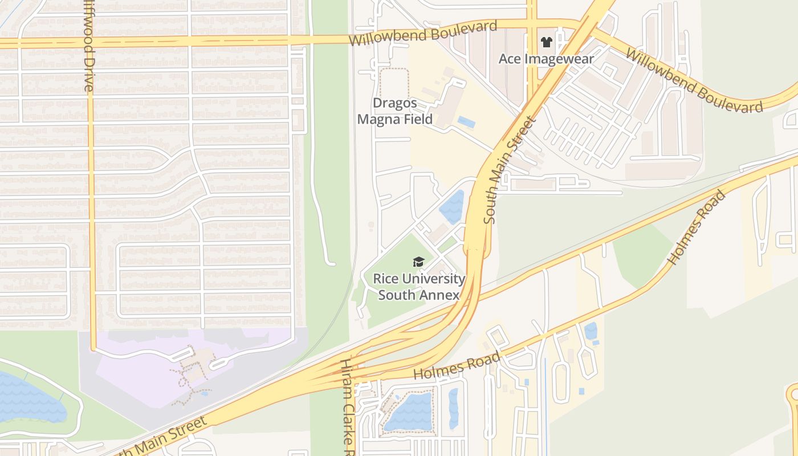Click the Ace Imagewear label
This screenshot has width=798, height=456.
[546, 59]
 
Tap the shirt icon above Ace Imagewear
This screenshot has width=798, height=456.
[546, 42]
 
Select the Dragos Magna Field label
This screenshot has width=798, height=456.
[394, 111]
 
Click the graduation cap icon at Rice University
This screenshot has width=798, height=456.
[419, 262]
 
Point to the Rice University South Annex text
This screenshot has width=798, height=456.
[419, 287]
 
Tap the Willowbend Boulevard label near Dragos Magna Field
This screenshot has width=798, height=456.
[423, 34]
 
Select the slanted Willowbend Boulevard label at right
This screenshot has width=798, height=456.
[694, 80]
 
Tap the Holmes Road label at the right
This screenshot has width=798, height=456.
[697, 227]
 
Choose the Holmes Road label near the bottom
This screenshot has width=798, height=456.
[457, 367]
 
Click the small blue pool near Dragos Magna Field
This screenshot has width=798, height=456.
[466, 122]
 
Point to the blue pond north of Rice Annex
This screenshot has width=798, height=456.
[452, 207]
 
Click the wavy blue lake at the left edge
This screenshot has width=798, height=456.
[28, 398]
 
